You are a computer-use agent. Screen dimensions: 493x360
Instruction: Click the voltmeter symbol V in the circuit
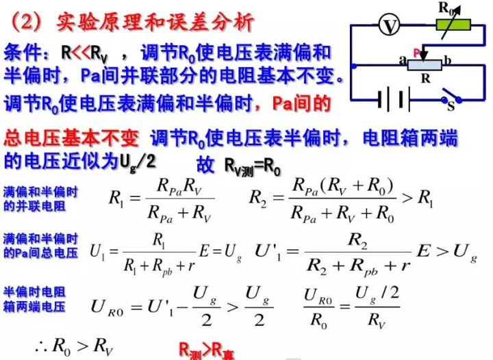click(390, 26)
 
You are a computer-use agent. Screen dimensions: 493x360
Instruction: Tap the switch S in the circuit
click(449, 99)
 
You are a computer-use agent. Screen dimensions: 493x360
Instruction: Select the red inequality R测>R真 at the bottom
click(205, 350)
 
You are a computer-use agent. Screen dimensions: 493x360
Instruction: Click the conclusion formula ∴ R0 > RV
click(73, 347)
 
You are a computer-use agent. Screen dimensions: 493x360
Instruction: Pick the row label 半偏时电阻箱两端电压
click(35, 298)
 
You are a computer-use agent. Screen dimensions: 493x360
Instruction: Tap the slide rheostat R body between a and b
click(425, 64)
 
